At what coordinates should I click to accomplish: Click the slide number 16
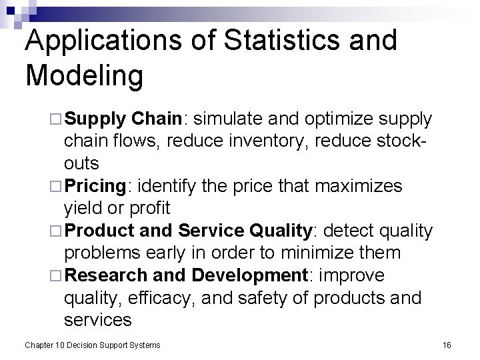(446, 344)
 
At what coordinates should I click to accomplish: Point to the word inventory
(282, 141)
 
